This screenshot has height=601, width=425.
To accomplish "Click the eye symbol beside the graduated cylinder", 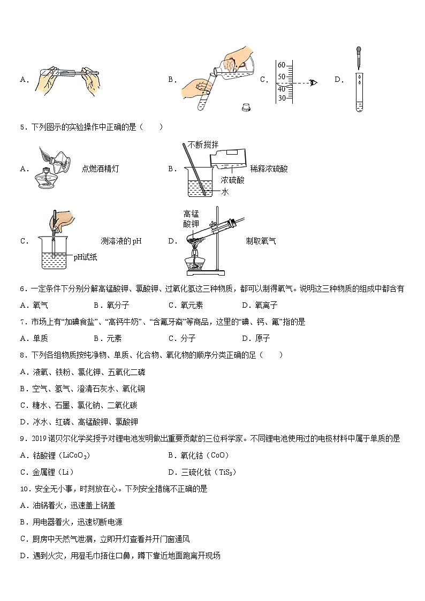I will [x=314, y=82].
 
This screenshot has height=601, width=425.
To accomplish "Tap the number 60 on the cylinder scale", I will [x=282, y=64].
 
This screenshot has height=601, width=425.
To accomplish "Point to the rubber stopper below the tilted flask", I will [x=247, y=106].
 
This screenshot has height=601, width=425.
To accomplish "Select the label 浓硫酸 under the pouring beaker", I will [x=233, y=180].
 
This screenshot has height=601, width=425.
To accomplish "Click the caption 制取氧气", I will [x=261, y=241].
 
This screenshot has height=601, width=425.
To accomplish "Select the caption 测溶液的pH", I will [x=121, y=241].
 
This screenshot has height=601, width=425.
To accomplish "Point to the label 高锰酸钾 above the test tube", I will [x=191, y=218].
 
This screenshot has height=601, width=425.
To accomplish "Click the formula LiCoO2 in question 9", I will [x=75, y=455].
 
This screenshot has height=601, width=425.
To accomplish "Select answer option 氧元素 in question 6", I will [x=191, y=306].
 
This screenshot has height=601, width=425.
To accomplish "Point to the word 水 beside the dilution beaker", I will [x=225, y=192].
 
